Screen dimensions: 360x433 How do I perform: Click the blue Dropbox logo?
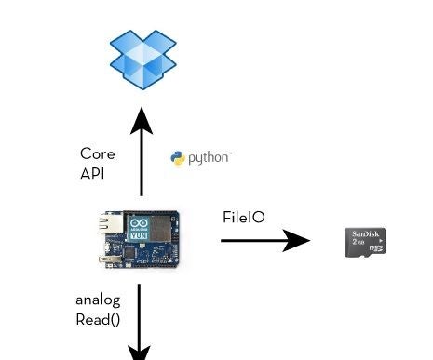[x=142, y=59]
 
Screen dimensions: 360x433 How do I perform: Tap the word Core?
[x=97, y=153]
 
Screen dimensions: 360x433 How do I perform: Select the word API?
[x=92, y=173]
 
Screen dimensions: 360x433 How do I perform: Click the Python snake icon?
[x=178, y=158]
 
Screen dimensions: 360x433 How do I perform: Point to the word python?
[x=209, y=158]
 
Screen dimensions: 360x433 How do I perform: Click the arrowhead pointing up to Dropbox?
[x=142, y=121]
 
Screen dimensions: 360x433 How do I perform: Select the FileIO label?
[x=243, y=217]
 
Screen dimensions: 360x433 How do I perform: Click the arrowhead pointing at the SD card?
[x=297, y=241]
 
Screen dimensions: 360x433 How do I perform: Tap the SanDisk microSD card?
[x=365, y=242]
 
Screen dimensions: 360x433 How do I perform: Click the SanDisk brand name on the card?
[x=365, y=233]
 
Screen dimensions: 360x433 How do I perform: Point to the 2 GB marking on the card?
[x=357, y=242]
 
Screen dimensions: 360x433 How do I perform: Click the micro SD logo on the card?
[x=376, y=248]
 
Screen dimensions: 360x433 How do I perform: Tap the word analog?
[x=98, y=300]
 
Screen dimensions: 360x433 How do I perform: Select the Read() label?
[x=98, y=319]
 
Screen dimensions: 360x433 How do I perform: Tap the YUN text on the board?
[x=137, y=236]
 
